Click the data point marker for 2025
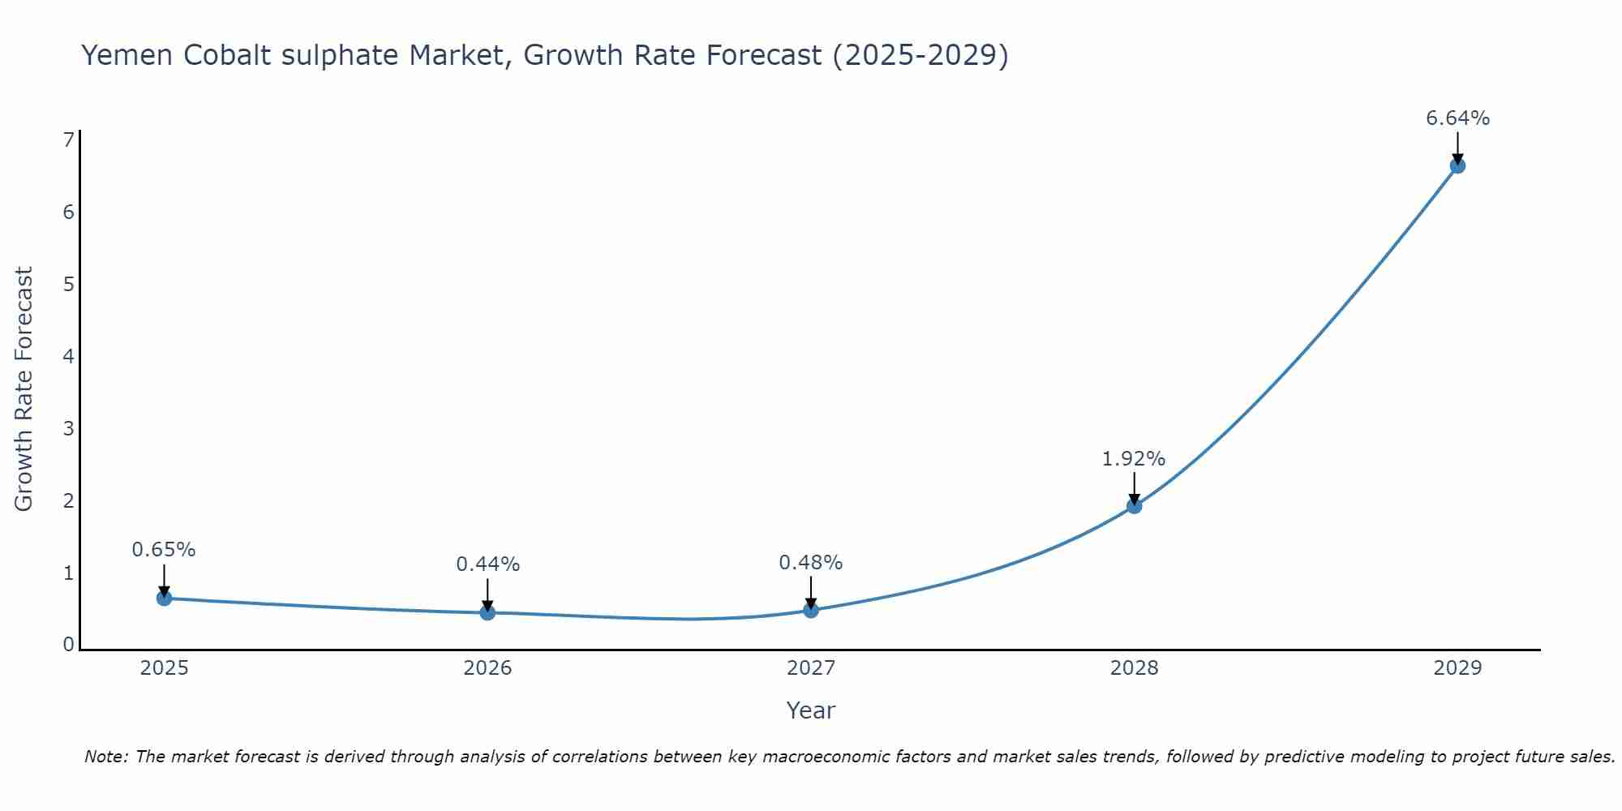pyautogui.click(x=164, y=599)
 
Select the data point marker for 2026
pyautogui.click(x=487, y=612)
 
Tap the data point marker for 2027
pyautogui.click(x=811, y=610)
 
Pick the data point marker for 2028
pyautogui.click(x=1135, y=506)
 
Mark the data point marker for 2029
pyautogui.click(x=1457, y=166)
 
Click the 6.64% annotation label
pyautogui.click(x=1457, y=118)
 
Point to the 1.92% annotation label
pyautogui.click(x=1133, y=459)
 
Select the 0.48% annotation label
pyautogui.click(x=810, y=563)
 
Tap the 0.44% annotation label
pyautogui.click(x=487, y=564)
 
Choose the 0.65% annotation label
pyautogui.click(x=164, y=550)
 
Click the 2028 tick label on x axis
pyautogui.click(x=1134, y=668)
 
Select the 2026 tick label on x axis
pyautogui.click(x=487, y=668)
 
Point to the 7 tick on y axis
pyautogui.click(x=69, y=140)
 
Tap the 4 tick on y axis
pyautogui.click(x=69, y=356)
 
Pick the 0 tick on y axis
pyautogui.click(x=69, y=645)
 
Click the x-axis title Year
pyautogui.click(x=810, y=710)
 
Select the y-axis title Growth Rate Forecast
pyautogui.click(x=24, y=388)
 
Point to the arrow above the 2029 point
pyautogui.click(x=1457, y=148)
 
